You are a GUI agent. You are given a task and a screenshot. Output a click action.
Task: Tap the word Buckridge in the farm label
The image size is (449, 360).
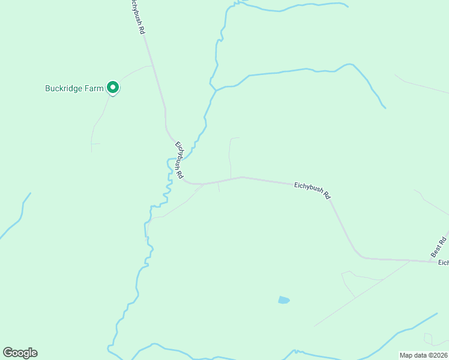pos(65,88)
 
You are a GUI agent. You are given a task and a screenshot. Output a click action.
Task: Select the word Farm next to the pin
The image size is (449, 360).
pos(95,88)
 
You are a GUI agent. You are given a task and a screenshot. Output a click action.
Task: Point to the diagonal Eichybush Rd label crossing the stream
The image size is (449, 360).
pos(179,160)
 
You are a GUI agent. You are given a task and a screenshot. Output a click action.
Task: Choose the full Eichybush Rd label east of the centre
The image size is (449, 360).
pos(312,190)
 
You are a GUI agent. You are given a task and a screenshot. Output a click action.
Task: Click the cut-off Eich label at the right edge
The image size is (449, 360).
pos(443,263)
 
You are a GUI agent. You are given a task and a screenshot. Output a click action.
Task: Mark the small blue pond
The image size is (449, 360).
pos(284,299)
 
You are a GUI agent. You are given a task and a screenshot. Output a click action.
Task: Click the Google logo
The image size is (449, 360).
pos(20,353)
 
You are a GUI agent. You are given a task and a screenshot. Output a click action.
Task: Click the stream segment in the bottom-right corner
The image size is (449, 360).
pos(414,326)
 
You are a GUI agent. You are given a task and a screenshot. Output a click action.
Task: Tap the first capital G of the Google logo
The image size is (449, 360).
pos(7,353)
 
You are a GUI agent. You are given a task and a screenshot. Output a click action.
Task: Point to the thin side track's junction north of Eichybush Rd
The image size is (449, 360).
pos(231,179)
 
